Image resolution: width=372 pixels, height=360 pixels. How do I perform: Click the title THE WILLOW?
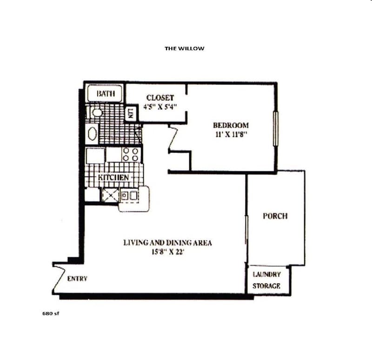coord(184,48)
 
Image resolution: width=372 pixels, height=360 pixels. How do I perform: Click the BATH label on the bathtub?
coord(105,94)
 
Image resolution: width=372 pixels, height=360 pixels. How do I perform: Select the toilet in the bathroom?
coord(96,112)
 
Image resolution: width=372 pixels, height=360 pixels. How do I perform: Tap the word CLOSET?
coord(160,98)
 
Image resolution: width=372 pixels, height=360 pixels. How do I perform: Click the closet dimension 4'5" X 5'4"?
coord(160,106)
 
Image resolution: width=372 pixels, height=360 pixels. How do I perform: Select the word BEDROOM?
coord(231,125)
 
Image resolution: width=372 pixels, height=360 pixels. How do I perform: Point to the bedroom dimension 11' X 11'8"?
coord(231,134)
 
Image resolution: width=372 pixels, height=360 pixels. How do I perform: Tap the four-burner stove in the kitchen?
coord(131,154)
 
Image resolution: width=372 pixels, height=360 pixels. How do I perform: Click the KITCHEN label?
coord(113,178)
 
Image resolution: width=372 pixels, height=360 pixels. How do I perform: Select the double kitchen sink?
coord(130,195)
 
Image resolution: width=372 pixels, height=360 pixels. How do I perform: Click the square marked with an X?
coord(110,195)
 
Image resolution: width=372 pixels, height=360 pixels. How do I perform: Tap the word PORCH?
coord(275,216)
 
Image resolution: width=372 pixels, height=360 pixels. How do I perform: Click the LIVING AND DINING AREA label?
coord(167,242)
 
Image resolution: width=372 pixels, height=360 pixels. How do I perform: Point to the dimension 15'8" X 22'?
coord(167,252)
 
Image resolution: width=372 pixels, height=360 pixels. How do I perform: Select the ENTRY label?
coord(77,279)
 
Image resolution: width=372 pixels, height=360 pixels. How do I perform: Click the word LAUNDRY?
coord(266,274)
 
